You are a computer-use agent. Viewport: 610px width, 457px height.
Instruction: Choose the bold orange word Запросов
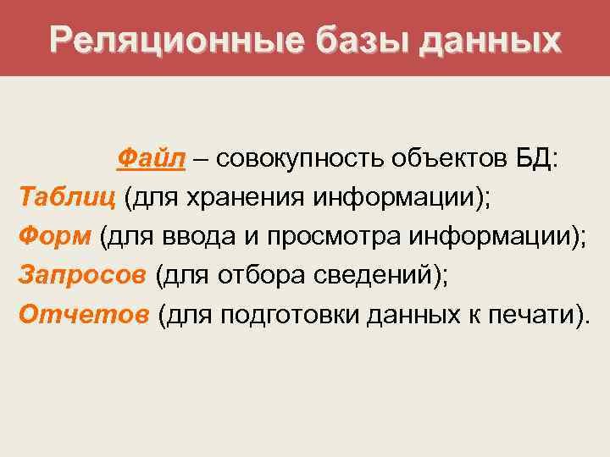click(x=81, y=276)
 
